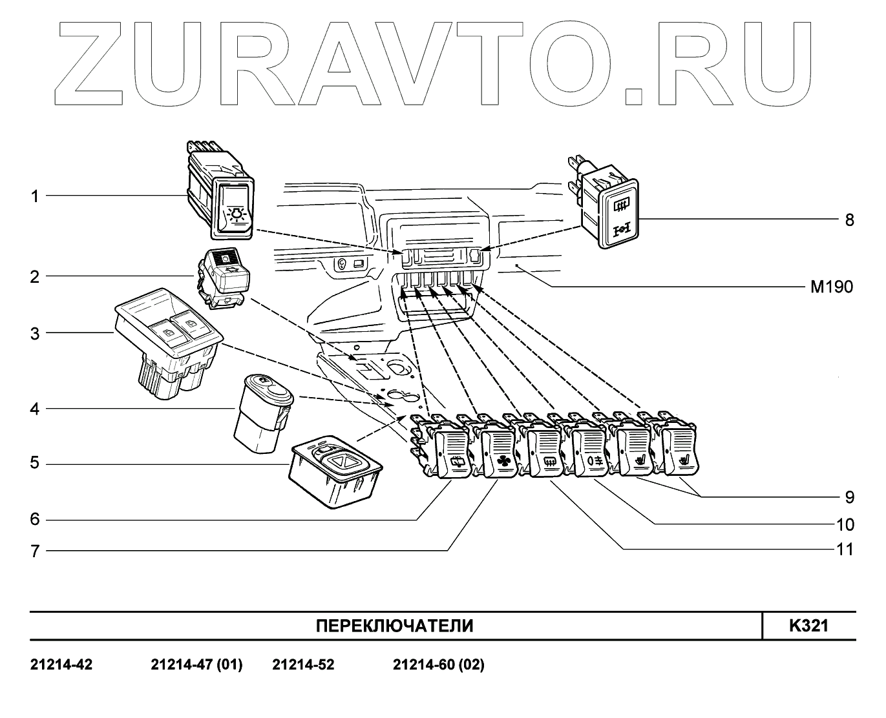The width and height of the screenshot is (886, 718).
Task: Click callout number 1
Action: [35, 196]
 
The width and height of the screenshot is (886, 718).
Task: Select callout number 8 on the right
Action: [849, 220]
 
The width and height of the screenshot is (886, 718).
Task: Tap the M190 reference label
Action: [832, 287]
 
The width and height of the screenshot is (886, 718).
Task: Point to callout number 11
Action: [845, 549]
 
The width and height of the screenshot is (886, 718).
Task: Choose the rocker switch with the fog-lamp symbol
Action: [590, 452]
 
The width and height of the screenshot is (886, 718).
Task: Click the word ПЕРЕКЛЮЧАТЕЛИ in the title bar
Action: [394, 626]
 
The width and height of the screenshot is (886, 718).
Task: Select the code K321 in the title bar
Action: [808, 626]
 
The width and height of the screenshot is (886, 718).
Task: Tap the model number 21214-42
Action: [61, 664]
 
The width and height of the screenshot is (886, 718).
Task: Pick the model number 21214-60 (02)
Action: [438, 664]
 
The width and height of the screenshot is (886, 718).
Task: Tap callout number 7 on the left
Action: [35, 551]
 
